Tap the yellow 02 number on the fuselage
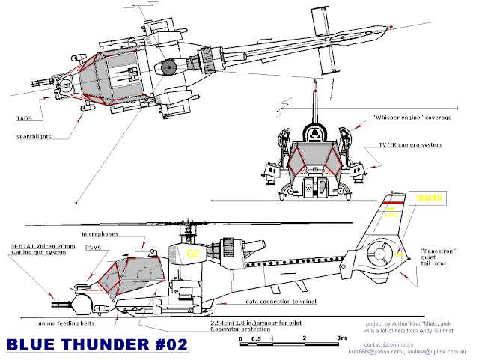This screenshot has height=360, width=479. (x=192, y=254)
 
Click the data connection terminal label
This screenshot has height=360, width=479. (x=281, y=302)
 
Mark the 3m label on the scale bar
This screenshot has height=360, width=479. (x=341, y=338)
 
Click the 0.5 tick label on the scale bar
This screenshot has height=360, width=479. (x=257, y=338)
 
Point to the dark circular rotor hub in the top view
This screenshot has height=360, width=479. (x=167, y=67)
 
